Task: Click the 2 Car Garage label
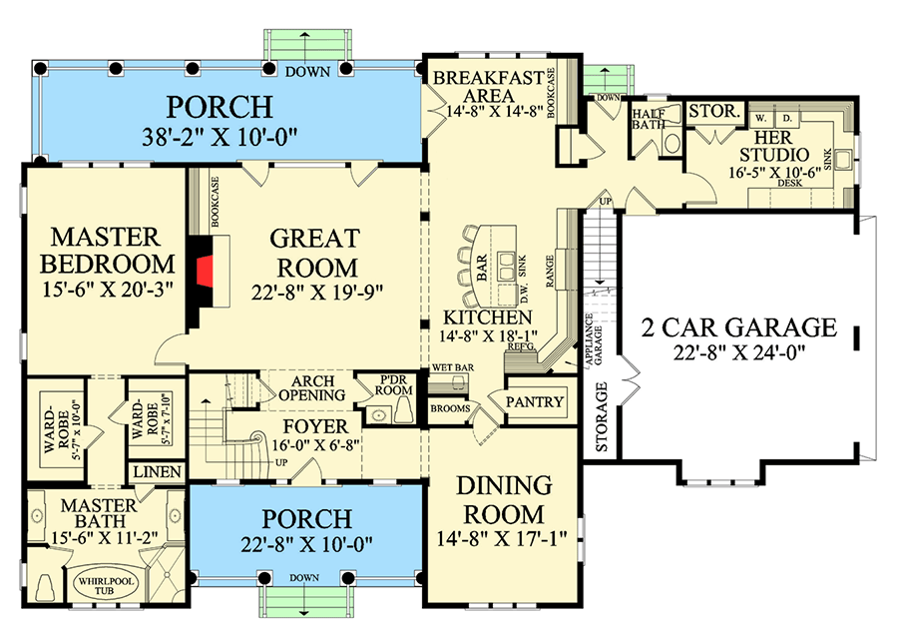(x=739, y=327)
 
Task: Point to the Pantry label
(x=536, y=402)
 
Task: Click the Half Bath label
(x=649, y=121)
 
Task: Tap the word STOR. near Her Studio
(x=714, y=113)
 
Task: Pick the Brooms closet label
(x=448, y=407)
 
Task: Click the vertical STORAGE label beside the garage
(x=602, y=417)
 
